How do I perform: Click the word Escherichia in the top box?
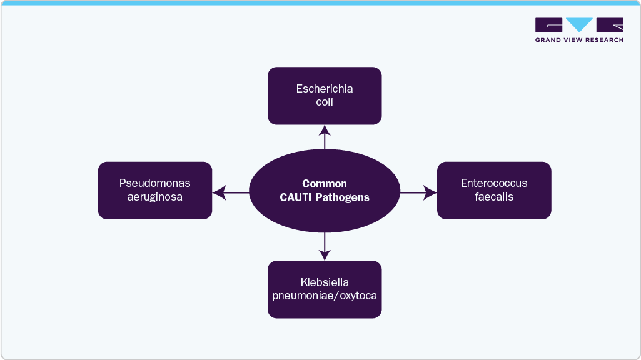click(325, 89)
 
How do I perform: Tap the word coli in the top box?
click(325, 102)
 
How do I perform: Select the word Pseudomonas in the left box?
click(154, 183)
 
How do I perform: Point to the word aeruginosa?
click(154, 197)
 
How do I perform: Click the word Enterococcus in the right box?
click(494, 183)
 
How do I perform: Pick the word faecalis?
click(494, 197)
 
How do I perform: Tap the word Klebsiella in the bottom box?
click(325, 282)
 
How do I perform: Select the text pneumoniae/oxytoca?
click(325, 296)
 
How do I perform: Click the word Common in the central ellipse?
click(325, 184)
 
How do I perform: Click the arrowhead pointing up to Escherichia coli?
click(325, 130)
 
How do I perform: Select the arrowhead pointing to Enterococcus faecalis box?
click(430, 192)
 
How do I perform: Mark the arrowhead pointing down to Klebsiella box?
click(325, 254)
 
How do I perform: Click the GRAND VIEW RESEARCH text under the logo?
click(579, 40)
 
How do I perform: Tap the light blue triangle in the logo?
click(580, 25)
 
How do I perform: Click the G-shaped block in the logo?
click(548, 25)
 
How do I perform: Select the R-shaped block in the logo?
click(610, 25)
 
